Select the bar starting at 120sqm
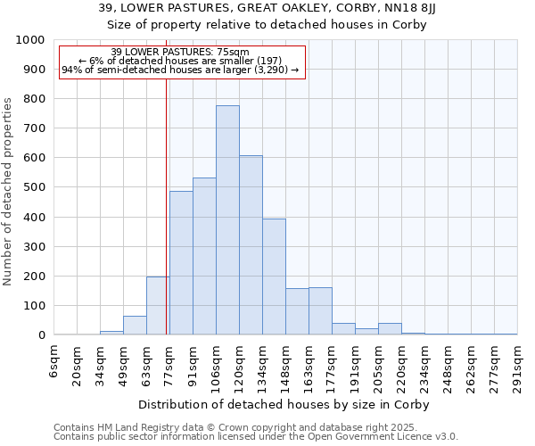tap(251, 245)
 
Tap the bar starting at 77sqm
tap(181, 263)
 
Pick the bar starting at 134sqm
tap(274, 277)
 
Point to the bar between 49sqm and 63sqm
tap(135, 326)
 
